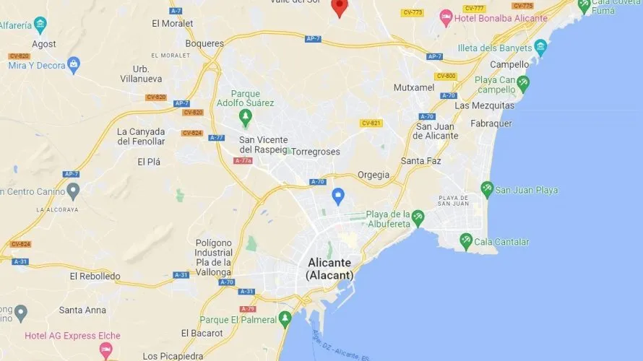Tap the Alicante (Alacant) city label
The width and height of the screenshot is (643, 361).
point(329,269)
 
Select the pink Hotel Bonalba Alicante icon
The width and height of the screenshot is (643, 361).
point(446,16)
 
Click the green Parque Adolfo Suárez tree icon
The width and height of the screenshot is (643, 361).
point(246,116)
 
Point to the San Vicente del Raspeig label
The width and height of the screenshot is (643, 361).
point(263,144)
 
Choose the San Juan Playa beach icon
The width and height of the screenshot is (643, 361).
point(487,189)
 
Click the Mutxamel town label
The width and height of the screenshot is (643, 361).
point(414,87)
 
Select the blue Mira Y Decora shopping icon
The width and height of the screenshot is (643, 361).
point(73,65)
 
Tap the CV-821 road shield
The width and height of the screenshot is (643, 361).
point(371,123)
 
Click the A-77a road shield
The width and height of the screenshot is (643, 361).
point(243,160)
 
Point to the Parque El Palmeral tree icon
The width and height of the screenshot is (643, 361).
point(285,318)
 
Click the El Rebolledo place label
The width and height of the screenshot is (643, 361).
point(95,276)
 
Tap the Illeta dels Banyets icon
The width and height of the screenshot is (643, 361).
point(540,48)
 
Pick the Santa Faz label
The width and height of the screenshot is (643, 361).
point(421,160)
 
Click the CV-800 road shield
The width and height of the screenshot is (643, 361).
point(446,76)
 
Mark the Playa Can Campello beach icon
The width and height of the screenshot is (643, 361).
point(523,84)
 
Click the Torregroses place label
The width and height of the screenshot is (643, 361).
point(315,152)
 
